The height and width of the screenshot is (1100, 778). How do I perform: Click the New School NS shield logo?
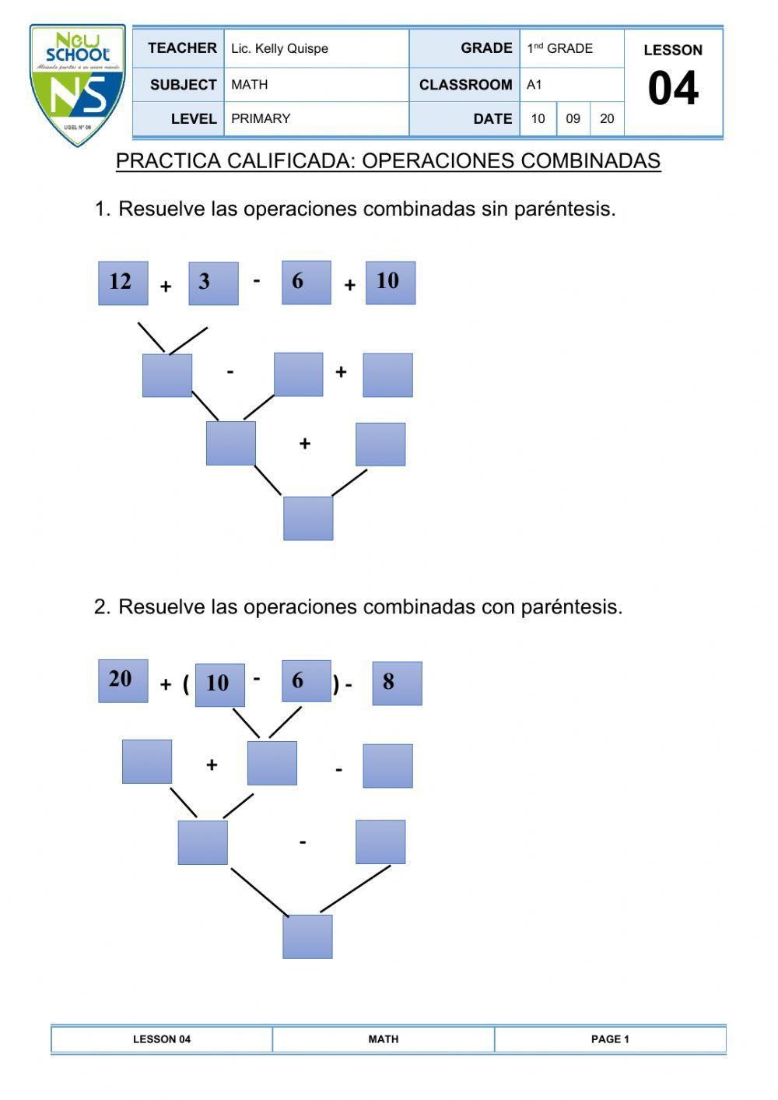pos(77,86)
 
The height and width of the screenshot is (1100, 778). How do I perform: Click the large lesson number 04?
pos(673,89)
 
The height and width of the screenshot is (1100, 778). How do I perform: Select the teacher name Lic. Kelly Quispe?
pos(280,48)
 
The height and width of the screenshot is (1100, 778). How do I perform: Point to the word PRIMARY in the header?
pos(261,118)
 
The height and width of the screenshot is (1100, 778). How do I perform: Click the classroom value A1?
pos(534,84)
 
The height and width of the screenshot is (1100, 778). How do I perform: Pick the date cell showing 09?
pos(573,118)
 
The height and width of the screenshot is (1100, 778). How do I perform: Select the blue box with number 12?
pos(122,283)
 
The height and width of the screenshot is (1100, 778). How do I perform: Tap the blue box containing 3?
pos(213,283)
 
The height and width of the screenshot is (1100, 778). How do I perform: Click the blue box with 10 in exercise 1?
pos(390,283)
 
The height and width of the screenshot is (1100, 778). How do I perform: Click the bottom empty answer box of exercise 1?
pos(308,518)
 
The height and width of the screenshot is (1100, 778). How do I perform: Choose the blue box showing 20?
pos(122,680)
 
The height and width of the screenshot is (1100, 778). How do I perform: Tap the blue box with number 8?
pos(397,683)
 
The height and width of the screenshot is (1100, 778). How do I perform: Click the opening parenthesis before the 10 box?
pos(186,684)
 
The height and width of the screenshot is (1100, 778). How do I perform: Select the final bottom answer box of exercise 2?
pos(307,937)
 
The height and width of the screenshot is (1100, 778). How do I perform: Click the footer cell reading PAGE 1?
pos(610,1039)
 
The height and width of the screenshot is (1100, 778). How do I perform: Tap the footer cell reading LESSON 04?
pos(162,1039)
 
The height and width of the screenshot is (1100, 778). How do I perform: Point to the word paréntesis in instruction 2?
pos(572,607)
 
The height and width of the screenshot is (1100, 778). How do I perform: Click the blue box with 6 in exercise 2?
pos(306,681)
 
